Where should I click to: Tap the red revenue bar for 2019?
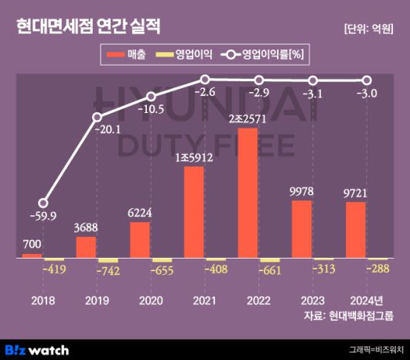point(86,247)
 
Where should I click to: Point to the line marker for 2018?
point(43,202)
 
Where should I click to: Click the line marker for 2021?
point(205,79)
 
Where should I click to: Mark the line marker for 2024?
point(367,81)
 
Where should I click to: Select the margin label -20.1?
point(108,130)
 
